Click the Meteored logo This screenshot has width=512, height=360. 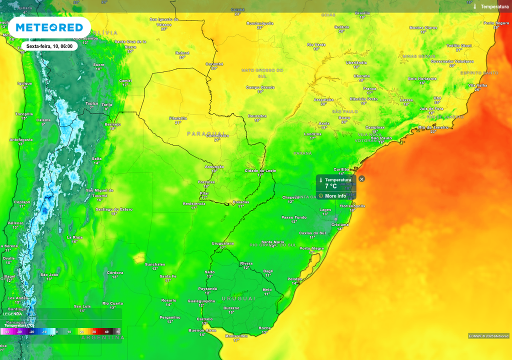click(x=49, y=27)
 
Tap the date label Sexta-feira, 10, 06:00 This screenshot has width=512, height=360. click(x=49, y=46)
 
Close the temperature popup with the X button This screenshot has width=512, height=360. click(x=362, y=179)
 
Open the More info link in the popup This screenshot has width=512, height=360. click(x=335, y=196)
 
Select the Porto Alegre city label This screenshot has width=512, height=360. click(x=311, y=248)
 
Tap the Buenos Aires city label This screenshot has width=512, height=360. click(x=201, y=330)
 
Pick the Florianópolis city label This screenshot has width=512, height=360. click(x=352, y=206)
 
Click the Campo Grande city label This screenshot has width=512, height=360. click(x=260, y=87)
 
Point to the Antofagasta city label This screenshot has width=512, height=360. click(x=21, y=139)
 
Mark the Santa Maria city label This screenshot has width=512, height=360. click(x=272, y=242)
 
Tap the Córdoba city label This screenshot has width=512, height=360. click(x=115, y=272)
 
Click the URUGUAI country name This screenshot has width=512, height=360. click(x=238, y=298)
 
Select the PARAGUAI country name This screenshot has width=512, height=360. click(x=205, y=133)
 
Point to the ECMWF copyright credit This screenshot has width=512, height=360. click(x=488, y=335)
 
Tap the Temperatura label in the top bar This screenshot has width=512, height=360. click(x=494, y=6)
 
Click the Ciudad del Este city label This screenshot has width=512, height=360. click(x=260, y=171)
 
